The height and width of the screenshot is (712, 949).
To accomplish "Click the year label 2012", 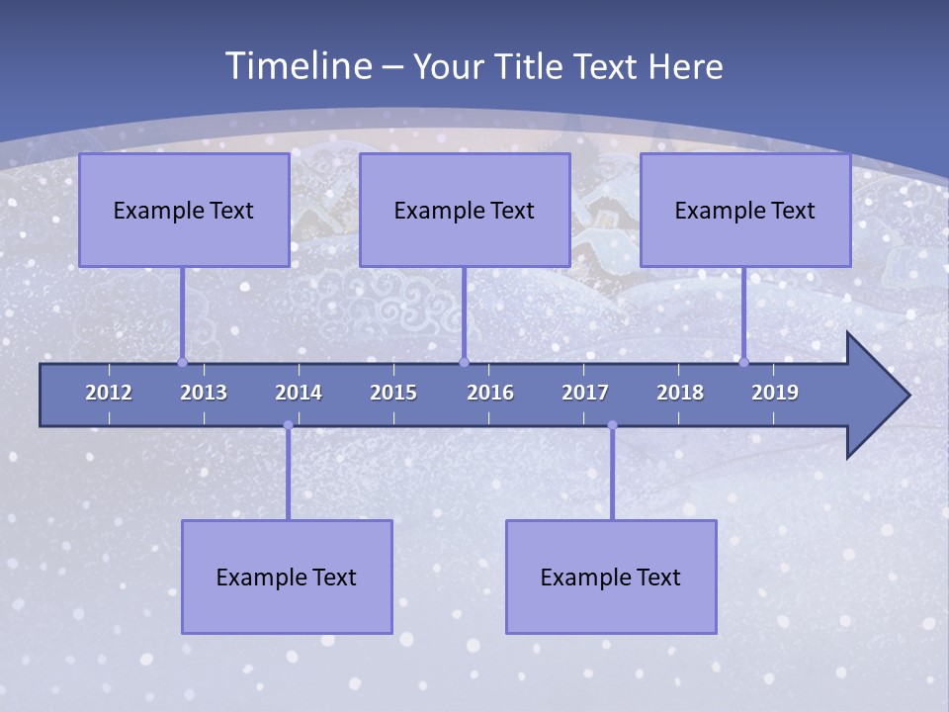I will tap(109, 393).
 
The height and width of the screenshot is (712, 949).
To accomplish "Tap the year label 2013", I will tap(204, 393).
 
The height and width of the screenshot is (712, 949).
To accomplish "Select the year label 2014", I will tap(299, 393).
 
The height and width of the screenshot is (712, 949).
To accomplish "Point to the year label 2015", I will tap(393, 393).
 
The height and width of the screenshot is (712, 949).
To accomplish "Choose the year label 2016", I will tap(490, 393).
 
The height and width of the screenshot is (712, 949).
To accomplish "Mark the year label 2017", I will tap(585, 393).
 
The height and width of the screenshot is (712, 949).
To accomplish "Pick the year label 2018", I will tap(680, 393).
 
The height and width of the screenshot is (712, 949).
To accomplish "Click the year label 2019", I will tap(775, 393).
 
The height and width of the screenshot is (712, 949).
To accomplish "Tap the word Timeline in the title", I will tap(298, 66).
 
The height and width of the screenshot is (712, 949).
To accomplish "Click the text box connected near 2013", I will tap(184, 210).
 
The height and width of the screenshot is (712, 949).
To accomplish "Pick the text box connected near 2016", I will tap(465, 210).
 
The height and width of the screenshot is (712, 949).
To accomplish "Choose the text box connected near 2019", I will tap(745, 210).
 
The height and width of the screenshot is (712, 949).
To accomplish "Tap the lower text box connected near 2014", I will tap(287, 577).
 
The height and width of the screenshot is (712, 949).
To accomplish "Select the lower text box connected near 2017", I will tap(611, 577).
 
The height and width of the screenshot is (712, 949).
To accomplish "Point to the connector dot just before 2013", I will tap(183, 362).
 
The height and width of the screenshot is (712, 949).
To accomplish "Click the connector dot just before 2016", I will tap(465, 362).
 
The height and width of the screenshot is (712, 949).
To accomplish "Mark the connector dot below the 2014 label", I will tap(288, 425).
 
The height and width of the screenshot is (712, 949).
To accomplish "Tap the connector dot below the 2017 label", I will tap(612, 425).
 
